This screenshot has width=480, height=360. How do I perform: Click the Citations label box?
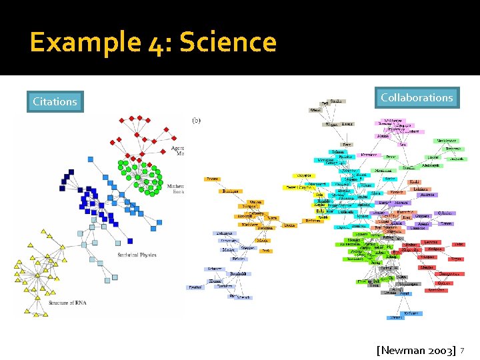pyautogui.click(x=55, y=102)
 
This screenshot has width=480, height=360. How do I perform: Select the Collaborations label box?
pyautogui.click(x=417, y=98)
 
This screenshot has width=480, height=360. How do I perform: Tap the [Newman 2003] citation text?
pyautogui.click(x=416, y=350)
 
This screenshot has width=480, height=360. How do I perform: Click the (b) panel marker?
pyautogui.click(x=197, y=121)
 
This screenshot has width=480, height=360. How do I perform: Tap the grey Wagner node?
pyautogui.click(x=331, y=124)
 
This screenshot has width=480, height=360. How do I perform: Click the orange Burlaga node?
pyautogui.click(x=230, y=191)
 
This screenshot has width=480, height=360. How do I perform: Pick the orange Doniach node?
pyautogui.click(x=289, y=225)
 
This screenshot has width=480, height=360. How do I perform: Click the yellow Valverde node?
pyautogui.click(x=303, y=175)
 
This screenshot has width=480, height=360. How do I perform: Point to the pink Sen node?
pyautogui.click(x=403, y=144)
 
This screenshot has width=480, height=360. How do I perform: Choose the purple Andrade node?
pyautogui.click(x=427, y=195)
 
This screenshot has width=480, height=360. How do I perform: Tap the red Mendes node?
pyautogui.click(x=427, y=268)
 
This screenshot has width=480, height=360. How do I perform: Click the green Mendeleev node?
pyautogui.click(x=447, y=141)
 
